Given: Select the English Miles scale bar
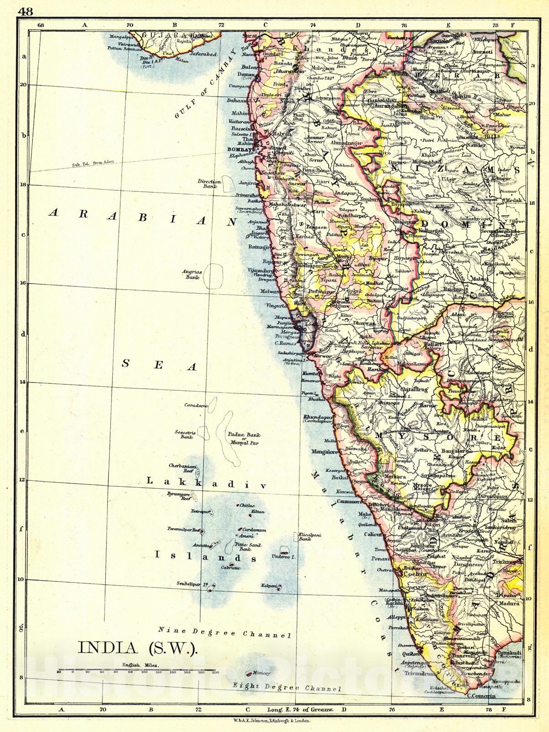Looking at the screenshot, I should tap(137, 670).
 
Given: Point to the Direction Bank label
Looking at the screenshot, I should tap(209, 184).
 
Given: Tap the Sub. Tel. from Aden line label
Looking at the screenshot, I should tap(91, 164).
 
